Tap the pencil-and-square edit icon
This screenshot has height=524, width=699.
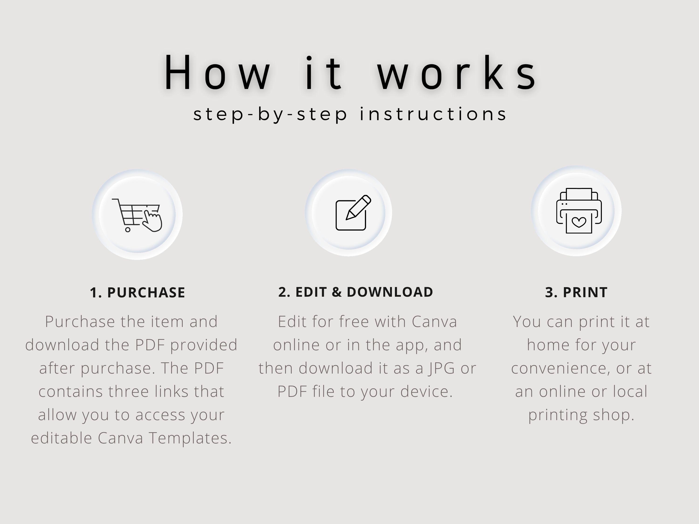[353, 213]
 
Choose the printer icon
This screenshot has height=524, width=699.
[579, 211]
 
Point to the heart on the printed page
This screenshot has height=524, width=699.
[579, 222]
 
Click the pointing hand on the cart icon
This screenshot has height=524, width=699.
[152, 221]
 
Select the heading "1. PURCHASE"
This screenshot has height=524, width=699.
[137, 293]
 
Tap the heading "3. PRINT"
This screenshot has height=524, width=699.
[576, 292]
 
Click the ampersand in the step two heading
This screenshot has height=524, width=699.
[337, 292]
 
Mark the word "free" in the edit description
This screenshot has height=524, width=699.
[354, 322]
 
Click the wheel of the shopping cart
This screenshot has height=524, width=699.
[128, 230]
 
